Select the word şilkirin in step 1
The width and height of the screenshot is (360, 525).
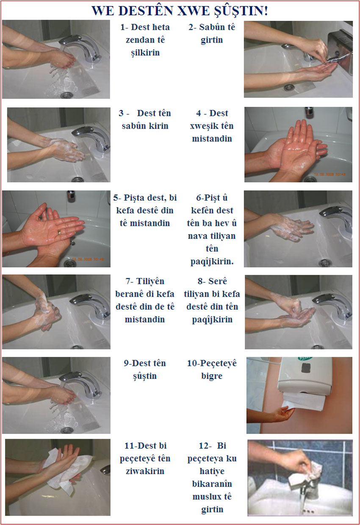click(x=145, y=53)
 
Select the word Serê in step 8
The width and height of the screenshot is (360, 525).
click(x=217, y=281)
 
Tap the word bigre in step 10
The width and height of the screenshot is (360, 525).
click(x=212, y=376)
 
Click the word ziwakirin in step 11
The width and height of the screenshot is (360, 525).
click(x=145, y=471)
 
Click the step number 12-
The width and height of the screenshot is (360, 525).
click(x=205, y=445)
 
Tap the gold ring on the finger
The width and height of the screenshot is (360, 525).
click(x=60, y=232)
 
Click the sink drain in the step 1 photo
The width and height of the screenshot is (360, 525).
click(x=67, y=95)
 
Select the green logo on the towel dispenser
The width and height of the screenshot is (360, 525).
click(x=305, y=359)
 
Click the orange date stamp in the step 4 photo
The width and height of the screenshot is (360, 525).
click(x=330, y=174)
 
